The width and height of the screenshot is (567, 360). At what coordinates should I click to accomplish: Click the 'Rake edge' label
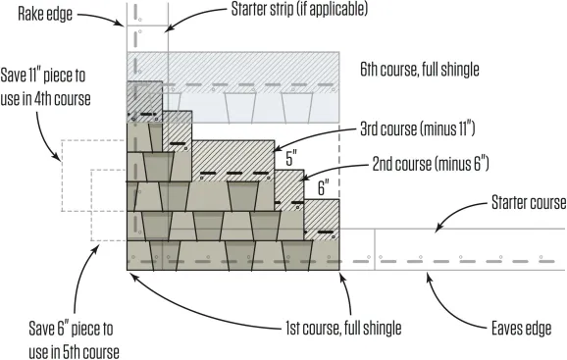pyautogui.click(x=45, y=14)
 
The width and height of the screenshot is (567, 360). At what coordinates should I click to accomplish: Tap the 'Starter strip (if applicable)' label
pyautogui.click(x=299, y=9)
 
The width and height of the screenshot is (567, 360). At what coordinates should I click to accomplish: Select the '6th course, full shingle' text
pyautogui.click(x=420, y=69)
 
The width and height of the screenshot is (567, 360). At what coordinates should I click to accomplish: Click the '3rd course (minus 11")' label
pyautogui.click(x=418, y=129)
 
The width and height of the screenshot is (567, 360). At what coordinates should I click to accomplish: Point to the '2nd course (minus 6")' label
pyautogui.click(x=431, y=164)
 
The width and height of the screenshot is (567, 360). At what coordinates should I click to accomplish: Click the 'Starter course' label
pyautogui.click(x=529, y=202)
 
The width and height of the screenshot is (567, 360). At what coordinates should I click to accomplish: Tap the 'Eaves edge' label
pyautogui.click(x=522, y=329)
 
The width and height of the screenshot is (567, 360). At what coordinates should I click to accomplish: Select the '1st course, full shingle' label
pyautogui.click(x=343, y=329)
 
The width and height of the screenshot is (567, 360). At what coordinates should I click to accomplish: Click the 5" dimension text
pyautogui.click(x=291, y=158)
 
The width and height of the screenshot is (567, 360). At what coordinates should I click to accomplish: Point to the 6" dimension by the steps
pyautogui.click(x=324, y=188)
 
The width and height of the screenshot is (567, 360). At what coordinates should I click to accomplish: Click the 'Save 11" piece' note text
pyautogui.click(x=45, y=87)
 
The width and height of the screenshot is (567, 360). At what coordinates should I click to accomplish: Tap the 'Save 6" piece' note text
pyautogui.click(x=74, y=340)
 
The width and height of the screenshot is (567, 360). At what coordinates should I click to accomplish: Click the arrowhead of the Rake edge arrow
pyautogui.click(x=121, y=24)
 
